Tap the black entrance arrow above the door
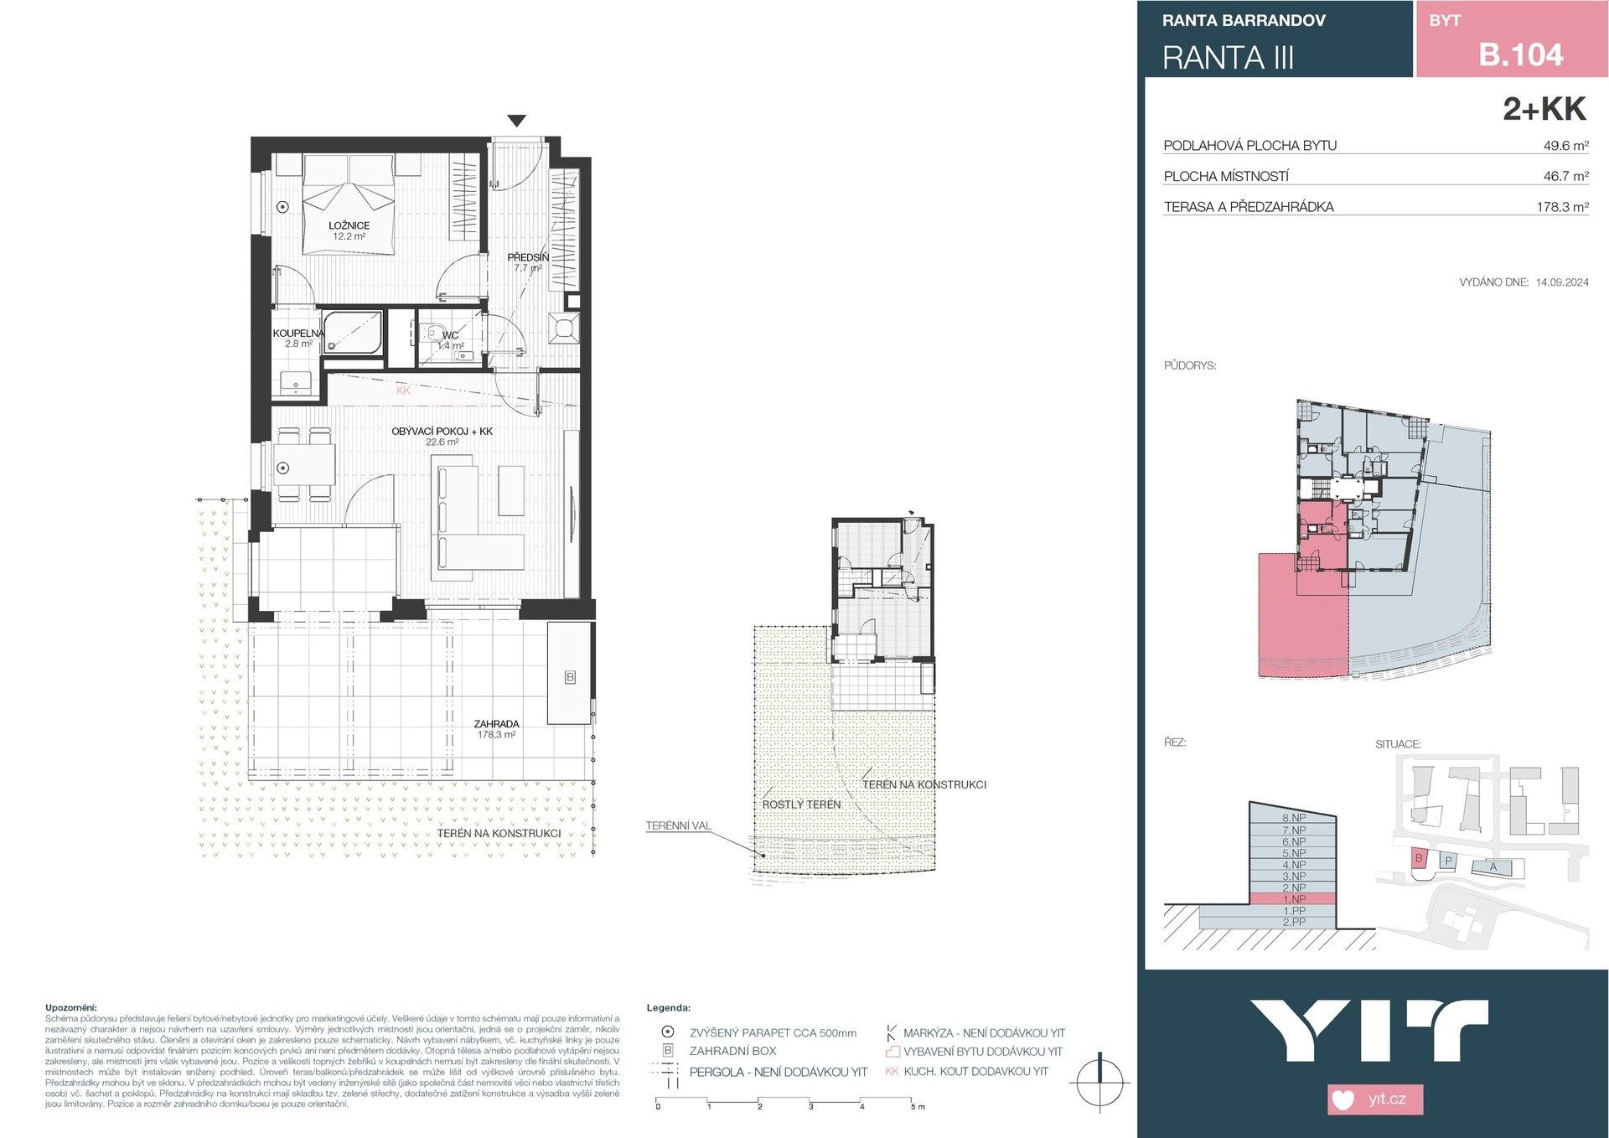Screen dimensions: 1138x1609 [x=517, y=121]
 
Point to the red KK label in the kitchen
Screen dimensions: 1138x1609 [x=403, y=391]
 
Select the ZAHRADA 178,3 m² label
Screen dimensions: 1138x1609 [x=496, y=728]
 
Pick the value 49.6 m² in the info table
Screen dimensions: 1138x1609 [x=1565, y=146]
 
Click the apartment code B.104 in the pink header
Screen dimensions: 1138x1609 [x=1520, y=54]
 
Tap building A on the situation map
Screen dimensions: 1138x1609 [x=1493, y=867]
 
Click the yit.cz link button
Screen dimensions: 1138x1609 [x=1375, y=1099]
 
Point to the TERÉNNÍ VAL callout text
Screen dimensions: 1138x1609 [x=678, y=825]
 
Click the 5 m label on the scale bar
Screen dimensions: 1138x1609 [x=918, y=1107]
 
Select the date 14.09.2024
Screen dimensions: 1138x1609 [x=1562, y=282]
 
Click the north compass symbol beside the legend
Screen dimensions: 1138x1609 [x=1099, y=1083]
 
